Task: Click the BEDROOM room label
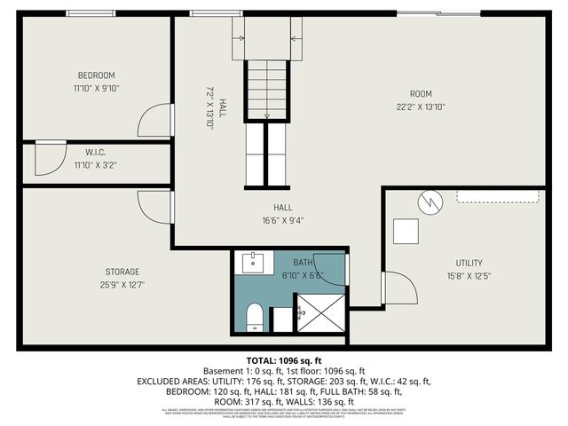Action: click(x=96, y=75)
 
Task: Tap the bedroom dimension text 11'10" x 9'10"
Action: click(x=96, y=88)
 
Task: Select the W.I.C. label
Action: click(x=96, y=152)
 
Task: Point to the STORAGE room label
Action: click(x=122, y=272)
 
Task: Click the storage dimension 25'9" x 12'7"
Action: click(x=122, y=284)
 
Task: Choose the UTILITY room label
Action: click(x=469, y=263)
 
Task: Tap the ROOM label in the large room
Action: click(x=420, y=94)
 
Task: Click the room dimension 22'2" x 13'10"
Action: click(x=420, y=106)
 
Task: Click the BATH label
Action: click(x=304, y=262)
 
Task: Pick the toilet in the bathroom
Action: click(x=253, y=315)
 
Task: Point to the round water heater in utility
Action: click(x=430, y=202)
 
